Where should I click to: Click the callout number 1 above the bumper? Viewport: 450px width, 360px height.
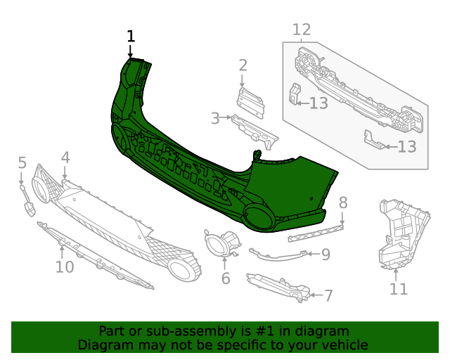130,37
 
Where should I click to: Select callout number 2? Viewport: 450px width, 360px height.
243,65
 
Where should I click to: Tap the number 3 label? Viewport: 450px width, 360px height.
215,118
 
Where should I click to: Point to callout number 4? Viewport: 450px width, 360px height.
65,157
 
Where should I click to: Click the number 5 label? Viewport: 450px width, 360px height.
22,163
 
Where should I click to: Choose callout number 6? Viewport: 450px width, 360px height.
226,278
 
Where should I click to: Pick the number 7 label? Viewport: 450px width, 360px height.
328,295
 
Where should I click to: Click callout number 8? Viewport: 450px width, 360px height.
343,203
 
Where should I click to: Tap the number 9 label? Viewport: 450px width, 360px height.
326,255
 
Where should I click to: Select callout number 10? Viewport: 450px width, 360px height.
64,267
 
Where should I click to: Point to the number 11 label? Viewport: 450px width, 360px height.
399,289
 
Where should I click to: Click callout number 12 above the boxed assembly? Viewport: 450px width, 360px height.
301,30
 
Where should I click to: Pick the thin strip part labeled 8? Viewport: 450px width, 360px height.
316,233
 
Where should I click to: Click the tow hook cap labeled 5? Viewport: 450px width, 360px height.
30,209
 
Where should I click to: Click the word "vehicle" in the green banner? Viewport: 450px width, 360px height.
343,345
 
